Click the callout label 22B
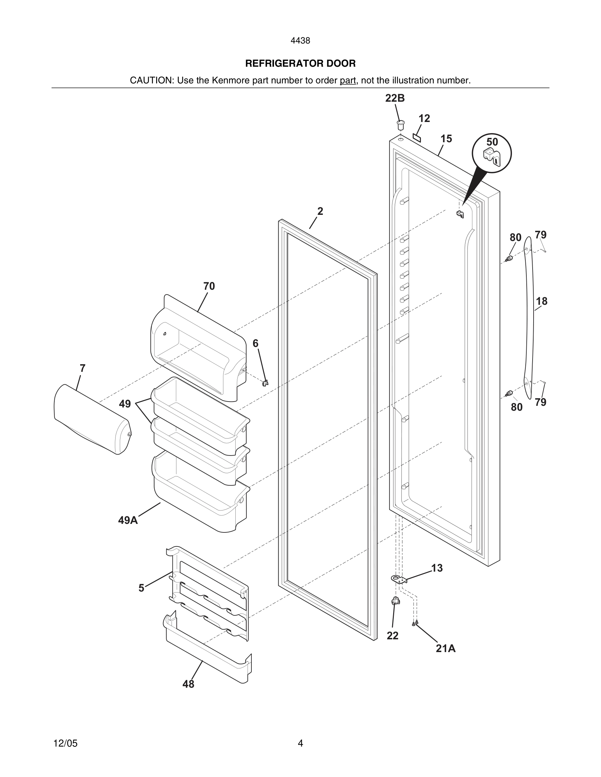pos(395,98)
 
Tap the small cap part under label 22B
pos(401,125)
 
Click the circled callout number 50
pos(492,142)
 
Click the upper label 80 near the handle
pos(515,237)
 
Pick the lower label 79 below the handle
pos(540,402)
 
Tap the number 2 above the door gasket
pos(320,211)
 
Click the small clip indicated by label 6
pos(265,383)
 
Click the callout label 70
pos(209,286)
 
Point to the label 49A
pos(128,520)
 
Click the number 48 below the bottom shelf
pos(188,684)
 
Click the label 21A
pos(446,648)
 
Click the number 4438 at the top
pos(300,41)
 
